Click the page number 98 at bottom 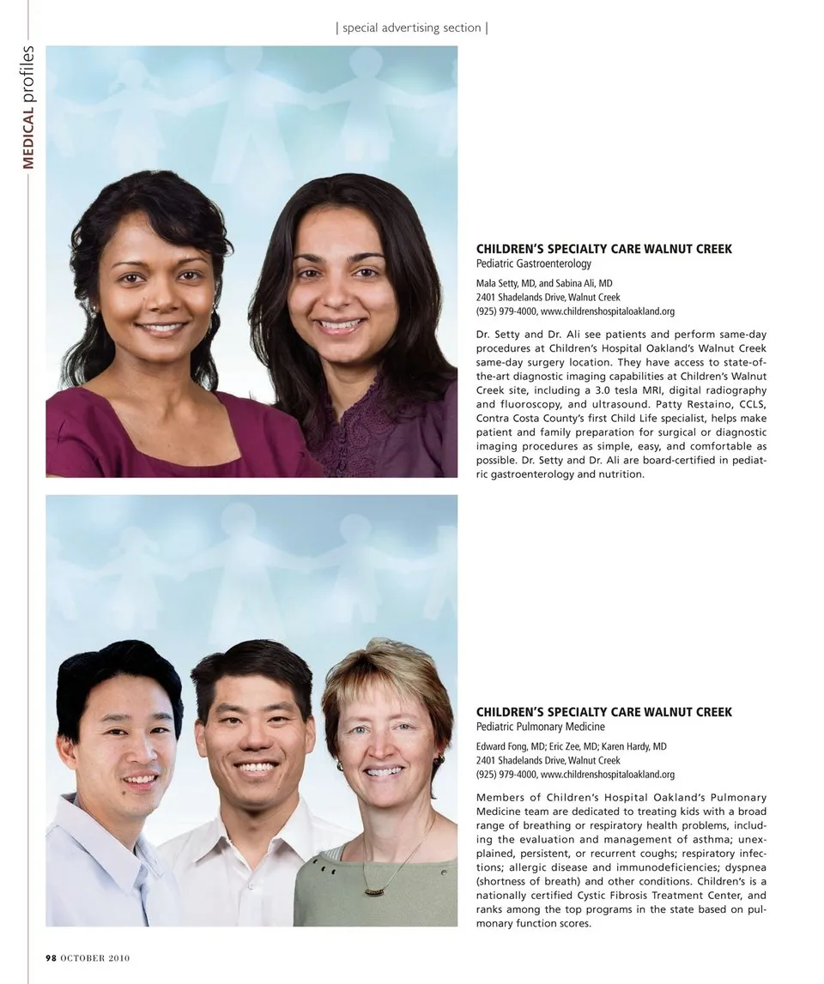51,958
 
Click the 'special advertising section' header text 412,27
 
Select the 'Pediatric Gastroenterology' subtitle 534,264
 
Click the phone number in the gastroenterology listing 506,311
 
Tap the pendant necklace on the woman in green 373,890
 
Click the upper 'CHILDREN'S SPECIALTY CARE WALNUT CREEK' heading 604,249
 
